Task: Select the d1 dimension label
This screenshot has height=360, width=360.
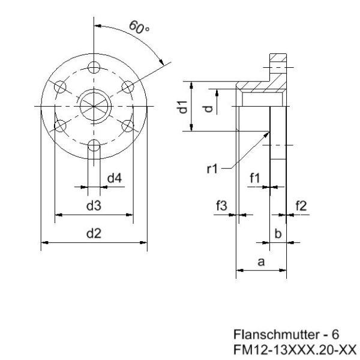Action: [185, 108]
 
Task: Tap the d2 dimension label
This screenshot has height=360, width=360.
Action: [93, 234]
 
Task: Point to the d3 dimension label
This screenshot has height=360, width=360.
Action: [93, 206]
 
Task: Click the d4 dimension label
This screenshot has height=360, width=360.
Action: [114, 178]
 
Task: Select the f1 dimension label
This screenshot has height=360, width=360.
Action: [255, 178]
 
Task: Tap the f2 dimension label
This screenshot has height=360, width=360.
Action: [301, 206]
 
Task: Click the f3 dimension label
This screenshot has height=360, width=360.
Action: [221, 206]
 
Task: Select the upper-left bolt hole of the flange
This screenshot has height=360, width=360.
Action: [59, 87]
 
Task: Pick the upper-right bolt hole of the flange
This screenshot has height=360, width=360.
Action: [127, 86]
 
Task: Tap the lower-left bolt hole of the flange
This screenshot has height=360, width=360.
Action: [59, 125]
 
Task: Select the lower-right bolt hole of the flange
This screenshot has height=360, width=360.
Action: [128, 125]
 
